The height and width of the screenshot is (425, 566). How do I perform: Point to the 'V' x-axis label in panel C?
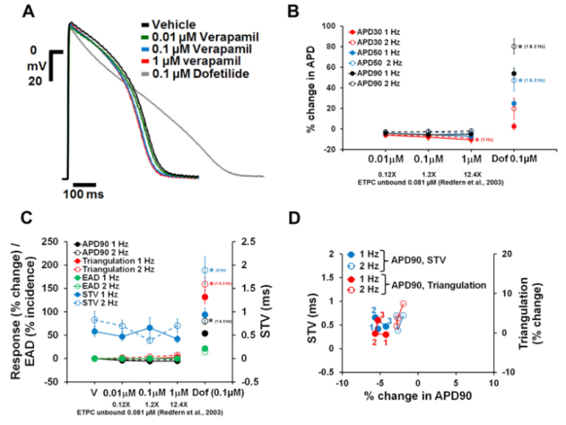(x=73, y=390)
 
